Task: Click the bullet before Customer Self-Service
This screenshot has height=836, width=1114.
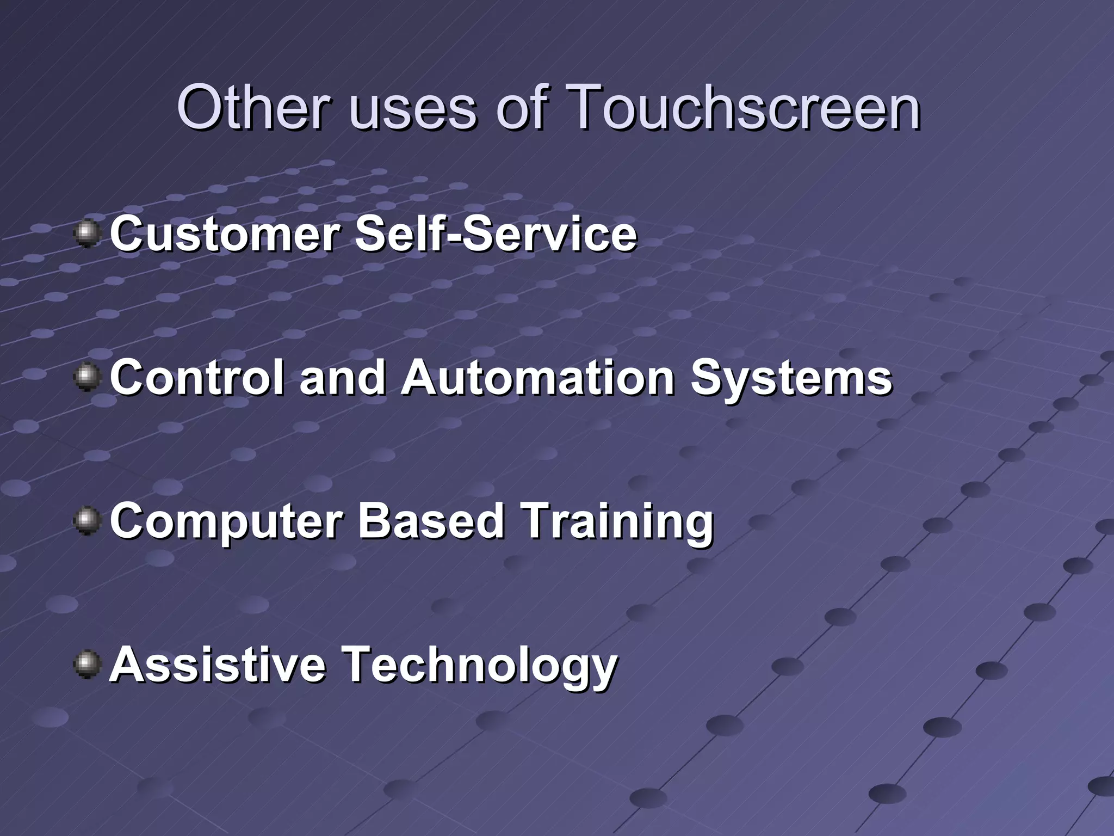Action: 87,234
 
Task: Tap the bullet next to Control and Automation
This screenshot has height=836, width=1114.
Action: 87,378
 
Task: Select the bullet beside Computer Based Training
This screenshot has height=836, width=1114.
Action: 87,521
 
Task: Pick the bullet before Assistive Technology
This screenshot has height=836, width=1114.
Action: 87,665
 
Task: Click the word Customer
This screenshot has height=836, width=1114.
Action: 225,234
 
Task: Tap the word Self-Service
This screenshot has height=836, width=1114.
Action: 496,234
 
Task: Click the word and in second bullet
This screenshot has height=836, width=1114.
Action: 342,378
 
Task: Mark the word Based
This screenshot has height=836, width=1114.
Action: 430,521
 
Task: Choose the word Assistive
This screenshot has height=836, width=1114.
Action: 218,665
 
